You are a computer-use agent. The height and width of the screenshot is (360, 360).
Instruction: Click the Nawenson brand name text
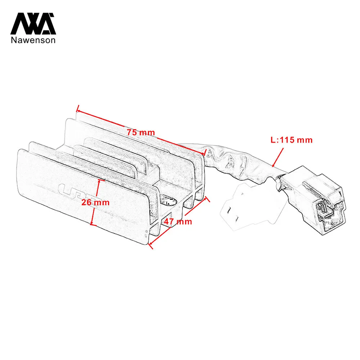pos(33,40)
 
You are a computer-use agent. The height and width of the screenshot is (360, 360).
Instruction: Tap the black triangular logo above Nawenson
pos(33,24)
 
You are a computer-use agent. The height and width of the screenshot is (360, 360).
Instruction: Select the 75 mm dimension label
pos(141,132)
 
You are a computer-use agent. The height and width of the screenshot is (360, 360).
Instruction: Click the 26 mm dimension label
pos(95,202)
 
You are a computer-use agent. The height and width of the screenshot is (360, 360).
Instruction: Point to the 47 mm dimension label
pos(178,221)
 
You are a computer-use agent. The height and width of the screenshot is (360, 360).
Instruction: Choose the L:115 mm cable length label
pos(292,140)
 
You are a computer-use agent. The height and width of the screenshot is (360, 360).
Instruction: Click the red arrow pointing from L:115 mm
pos(278,157)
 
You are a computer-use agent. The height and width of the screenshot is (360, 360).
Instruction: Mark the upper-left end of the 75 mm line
pos(77,111)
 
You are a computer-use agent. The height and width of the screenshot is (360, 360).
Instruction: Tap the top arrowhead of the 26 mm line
pos(99,180)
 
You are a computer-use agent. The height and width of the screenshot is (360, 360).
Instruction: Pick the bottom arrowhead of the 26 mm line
pos(91,224)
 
